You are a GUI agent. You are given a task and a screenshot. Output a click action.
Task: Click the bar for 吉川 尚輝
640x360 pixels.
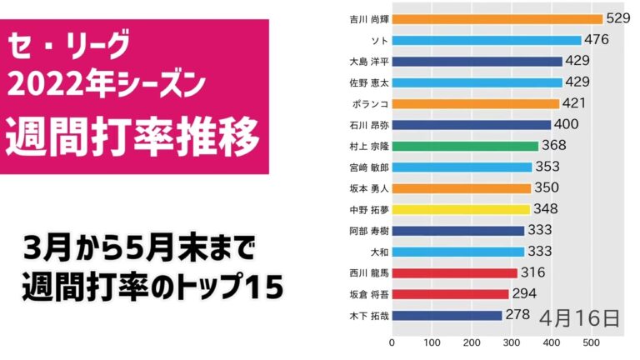coord(497,19)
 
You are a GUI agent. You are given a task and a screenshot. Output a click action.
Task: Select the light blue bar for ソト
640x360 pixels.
coord(487,40)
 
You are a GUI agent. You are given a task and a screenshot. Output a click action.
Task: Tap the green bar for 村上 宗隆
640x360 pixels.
coord(465,146)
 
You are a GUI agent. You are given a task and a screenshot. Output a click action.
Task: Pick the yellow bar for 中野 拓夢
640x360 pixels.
coord(461,209)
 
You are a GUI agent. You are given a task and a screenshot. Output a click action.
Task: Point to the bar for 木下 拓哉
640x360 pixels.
coord(447,315)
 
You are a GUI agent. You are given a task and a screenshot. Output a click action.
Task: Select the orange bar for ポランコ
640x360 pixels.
coord(476,103)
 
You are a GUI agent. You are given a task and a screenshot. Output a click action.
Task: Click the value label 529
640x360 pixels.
coord(619,18)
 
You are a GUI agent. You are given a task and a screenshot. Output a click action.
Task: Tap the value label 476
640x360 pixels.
coord(597,39)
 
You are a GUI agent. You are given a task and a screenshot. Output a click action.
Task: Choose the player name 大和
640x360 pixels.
coord(377,251)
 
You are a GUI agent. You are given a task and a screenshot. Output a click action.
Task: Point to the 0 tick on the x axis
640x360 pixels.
coord(392,342)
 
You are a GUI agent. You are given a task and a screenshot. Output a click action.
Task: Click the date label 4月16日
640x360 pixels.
coord(579,317)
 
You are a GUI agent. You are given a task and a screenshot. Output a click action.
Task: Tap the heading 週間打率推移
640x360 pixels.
coord(134,137)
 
